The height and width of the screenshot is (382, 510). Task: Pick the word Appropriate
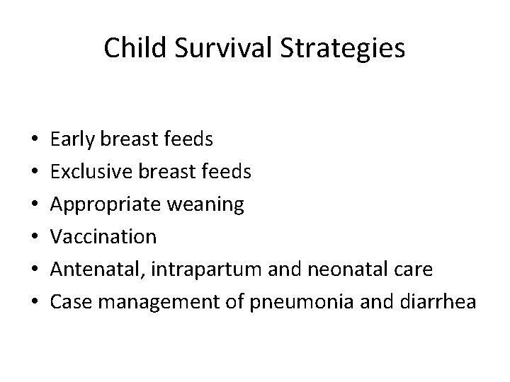(97, 205)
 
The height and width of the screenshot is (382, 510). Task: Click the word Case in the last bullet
(69, 302)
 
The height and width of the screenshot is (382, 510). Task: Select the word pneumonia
(285, 302)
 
